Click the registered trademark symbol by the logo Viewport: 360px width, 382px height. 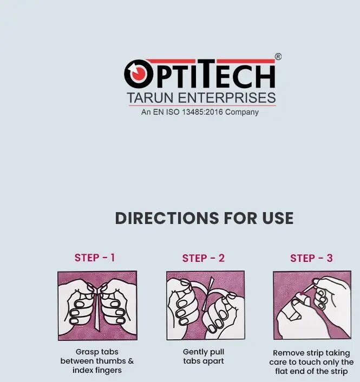[x=278, y=57]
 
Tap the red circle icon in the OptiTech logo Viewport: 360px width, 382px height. [x=138, y=74]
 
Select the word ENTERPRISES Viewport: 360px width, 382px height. [x=227, y=98]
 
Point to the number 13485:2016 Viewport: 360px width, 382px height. [x=202, y=112]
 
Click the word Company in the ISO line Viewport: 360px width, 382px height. [x=242, y=113]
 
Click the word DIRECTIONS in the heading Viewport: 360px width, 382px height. [x=167, y=218]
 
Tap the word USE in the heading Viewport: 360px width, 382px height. [x=278, y=218]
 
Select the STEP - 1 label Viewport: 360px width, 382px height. [x=95, y=258]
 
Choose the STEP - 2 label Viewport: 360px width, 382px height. [x=203, y=258]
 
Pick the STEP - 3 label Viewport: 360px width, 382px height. [x=311, y=258]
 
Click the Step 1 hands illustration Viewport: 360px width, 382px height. [x=97, y=306]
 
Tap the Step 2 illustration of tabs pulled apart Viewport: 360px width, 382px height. [x=206, y=305]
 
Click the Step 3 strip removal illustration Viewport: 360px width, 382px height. [x=312, y=305]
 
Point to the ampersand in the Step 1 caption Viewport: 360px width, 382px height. [x=130, y=361]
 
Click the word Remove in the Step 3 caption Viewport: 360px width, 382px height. [x=287, y=353]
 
